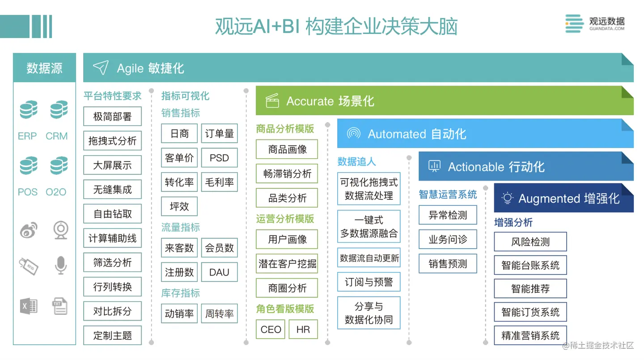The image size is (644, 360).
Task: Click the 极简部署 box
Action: click(112, 117)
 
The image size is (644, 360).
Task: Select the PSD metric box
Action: click(219, 158)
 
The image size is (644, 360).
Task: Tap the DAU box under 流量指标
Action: click(219, 272)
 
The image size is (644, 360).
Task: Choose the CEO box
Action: click(271, 330)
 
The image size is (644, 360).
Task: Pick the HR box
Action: click(303, 330)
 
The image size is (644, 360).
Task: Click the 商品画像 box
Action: click(287, 149)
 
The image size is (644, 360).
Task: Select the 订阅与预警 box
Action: click(369, 282)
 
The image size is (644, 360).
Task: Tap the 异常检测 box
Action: click(448, 215)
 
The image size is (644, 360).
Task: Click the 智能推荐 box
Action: click(530, 288)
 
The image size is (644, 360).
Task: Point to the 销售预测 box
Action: click(448, 264)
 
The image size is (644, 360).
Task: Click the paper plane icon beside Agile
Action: click(101, 68)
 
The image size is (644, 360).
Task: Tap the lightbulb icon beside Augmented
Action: click(507, 198)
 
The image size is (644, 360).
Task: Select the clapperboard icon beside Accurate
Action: click(272, 101)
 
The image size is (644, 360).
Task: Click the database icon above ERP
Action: click(28, 110)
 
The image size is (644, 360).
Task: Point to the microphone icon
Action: click(60, 265)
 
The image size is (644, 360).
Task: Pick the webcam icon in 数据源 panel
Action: click(60, 230)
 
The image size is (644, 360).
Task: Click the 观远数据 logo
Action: click(595, 23)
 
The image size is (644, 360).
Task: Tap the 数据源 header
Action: click(44, 68)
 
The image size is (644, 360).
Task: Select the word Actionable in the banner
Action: click(471, 167)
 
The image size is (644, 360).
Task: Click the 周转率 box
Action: click(219, 313)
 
